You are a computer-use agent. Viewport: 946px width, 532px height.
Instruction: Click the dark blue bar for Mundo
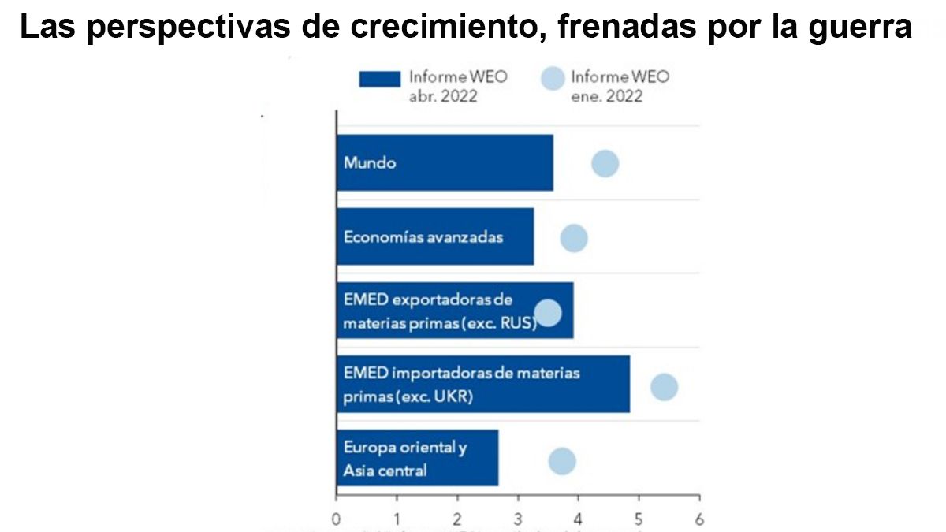click(445, 163)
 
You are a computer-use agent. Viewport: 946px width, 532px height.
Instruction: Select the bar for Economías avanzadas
click(435, 236)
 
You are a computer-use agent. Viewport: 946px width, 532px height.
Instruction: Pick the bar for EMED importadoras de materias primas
click(482, 384)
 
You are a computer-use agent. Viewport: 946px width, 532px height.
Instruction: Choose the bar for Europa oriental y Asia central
click(417, 458)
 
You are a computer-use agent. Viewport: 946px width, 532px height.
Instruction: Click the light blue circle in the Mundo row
click(605, 164)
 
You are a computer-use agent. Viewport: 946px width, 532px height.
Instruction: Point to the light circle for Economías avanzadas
click(574, 238)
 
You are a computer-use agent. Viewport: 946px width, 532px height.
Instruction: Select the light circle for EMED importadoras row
click(664, 387)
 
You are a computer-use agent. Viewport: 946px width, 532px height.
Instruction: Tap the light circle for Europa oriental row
click(562, 461)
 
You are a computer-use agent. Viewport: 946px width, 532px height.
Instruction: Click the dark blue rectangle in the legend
click(380, 80)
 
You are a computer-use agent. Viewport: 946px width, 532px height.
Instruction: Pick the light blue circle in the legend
click(553, 79)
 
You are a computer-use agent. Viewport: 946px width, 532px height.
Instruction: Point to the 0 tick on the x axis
click(337, 519)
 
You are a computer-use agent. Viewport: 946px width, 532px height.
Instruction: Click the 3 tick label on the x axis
click(518, 519)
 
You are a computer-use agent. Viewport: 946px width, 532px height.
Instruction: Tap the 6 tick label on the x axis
click(699, 519)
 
